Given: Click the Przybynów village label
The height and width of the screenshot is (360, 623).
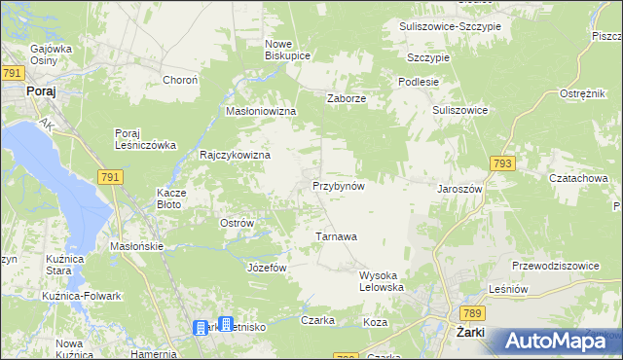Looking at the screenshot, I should click(338, 185).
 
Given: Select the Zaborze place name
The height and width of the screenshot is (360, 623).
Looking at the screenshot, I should click(346, 97).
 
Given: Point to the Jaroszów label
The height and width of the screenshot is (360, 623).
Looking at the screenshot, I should click(460, 188).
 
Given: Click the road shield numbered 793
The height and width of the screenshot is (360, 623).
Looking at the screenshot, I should click(502, 164).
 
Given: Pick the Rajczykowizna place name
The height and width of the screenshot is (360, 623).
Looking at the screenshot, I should click(235, 155).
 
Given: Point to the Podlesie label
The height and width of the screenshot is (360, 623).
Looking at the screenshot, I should click(418, 82).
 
